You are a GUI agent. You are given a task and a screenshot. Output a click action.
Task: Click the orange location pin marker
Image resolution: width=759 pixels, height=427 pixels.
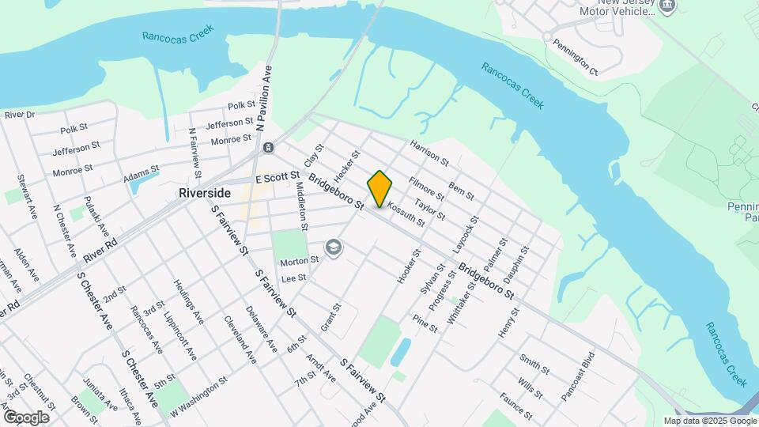[379, 189]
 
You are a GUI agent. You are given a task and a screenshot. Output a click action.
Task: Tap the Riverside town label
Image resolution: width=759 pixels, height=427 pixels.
[205, 193]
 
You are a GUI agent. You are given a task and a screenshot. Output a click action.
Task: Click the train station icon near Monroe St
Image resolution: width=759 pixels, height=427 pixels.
[268, 148]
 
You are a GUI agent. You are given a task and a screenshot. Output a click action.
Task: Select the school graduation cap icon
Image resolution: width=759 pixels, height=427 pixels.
[334, 248]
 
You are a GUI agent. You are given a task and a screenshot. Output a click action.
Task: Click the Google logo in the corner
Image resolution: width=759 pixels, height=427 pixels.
[26, 417]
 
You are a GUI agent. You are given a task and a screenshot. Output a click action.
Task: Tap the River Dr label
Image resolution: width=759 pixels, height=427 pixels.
[20, 115]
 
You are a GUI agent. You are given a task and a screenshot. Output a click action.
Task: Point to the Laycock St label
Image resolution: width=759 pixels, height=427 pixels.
[466, 233]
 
